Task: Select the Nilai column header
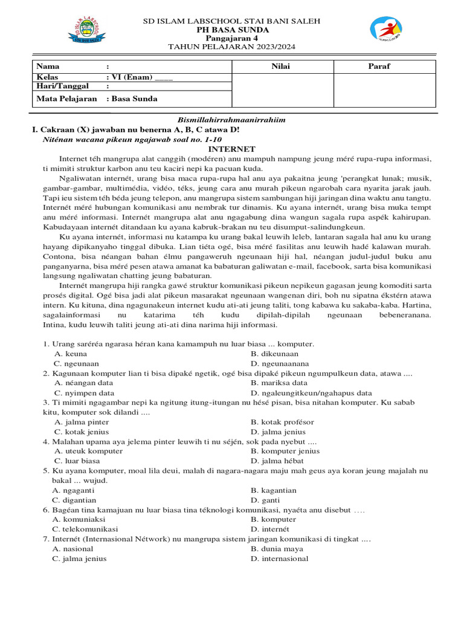tap(282, 66)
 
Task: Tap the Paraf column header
tap(379, 66)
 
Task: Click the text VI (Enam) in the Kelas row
tap(130, 77)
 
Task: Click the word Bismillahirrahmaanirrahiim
tap(231, 120)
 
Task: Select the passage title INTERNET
tap(232, 149)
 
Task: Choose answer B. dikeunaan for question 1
tap(274, 354)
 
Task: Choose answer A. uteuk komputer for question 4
tap(88, 451)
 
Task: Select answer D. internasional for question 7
tap(279, 559)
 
